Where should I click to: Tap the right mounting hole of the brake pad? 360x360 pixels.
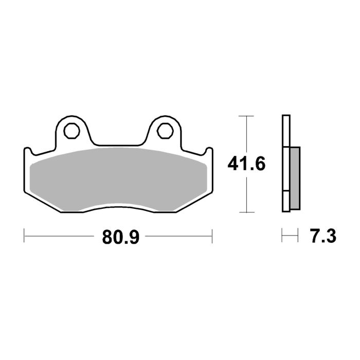(165, 129)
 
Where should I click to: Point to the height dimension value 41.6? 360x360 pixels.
(247, 164)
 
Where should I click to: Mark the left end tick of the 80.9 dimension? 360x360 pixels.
(25, 237)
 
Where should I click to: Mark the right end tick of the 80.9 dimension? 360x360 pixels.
(212, 237)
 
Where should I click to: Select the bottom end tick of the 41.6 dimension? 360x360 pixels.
(247, 212)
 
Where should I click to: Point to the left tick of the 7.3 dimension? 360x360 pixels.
(282, 237)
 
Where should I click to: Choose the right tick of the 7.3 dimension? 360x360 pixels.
(298, 237)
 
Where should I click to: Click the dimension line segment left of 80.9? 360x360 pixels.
(62, 237)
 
